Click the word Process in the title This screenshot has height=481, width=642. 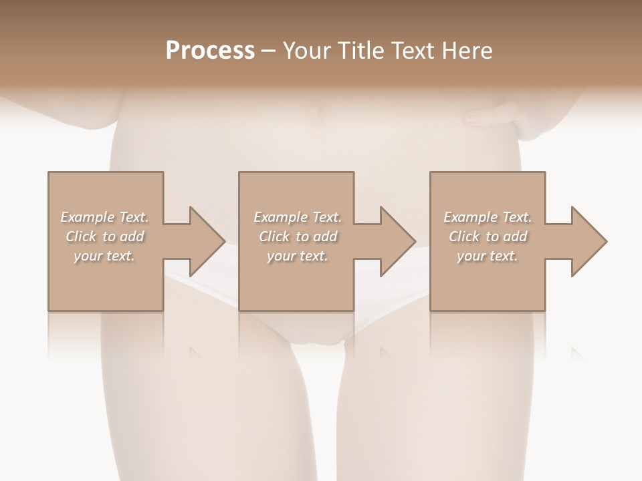210,51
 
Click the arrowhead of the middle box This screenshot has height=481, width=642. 397,241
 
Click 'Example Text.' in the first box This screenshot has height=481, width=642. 104,217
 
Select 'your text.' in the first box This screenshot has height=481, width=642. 104,256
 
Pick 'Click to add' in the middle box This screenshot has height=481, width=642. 298,236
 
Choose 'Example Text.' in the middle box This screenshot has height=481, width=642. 298,217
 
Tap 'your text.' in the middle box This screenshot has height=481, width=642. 298,256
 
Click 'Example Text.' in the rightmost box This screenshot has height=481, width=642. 488,217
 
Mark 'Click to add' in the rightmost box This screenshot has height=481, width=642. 488,236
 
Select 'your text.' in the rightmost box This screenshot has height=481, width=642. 488,256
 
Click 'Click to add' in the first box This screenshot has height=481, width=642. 104,236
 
